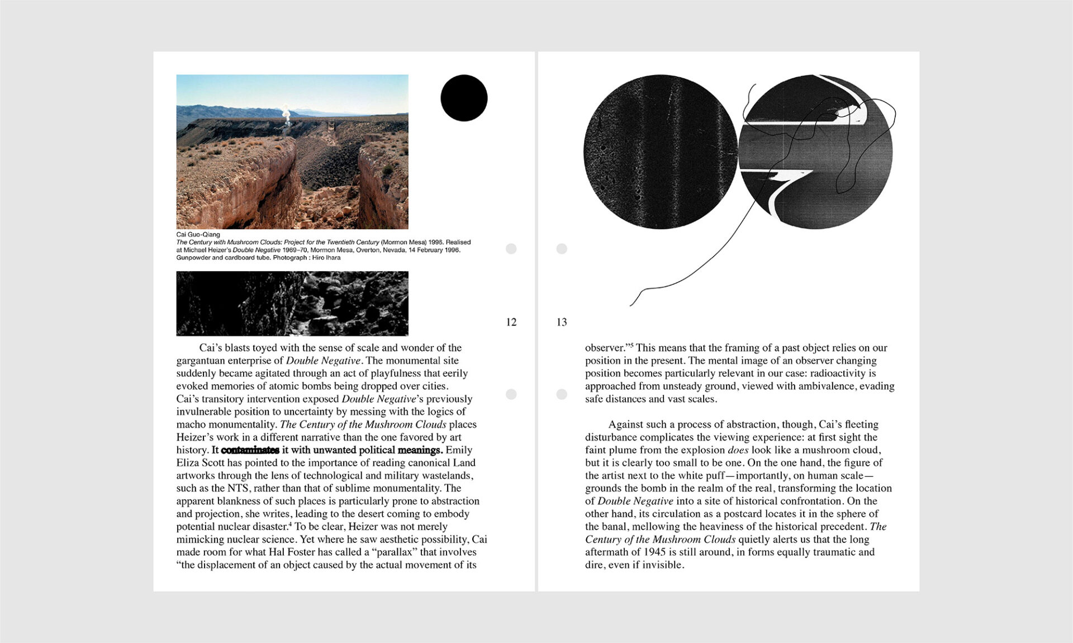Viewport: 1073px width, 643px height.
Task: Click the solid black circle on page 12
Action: (464, 98)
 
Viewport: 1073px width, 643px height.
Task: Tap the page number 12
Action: (511, 322)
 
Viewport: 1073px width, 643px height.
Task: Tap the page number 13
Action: (562, 322)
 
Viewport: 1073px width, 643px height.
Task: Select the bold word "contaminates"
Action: (250, 450)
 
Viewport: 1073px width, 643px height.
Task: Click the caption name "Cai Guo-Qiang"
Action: (198, 234)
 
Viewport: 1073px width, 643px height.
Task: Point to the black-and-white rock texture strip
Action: (292, 304)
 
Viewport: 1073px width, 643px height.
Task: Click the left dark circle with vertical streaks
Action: (661, 152)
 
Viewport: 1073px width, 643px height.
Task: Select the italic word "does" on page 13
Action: (738, 450)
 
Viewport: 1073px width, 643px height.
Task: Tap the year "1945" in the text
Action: (654, 552)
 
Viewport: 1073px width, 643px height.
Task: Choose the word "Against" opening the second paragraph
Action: (626, 424)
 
